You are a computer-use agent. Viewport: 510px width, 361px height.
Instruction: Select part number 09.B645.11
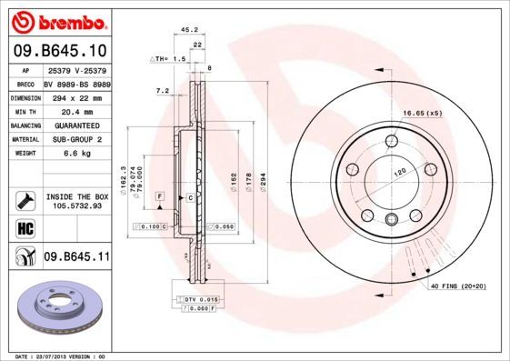76,257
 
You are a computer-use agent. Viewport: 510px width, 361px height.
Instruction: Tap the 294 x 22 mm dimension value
76,97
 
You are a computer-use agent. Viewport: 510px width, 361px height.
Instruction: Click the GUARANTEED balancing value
76,125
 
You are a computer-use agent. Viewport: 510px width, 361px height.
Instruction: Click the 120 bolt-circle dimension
397,171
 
